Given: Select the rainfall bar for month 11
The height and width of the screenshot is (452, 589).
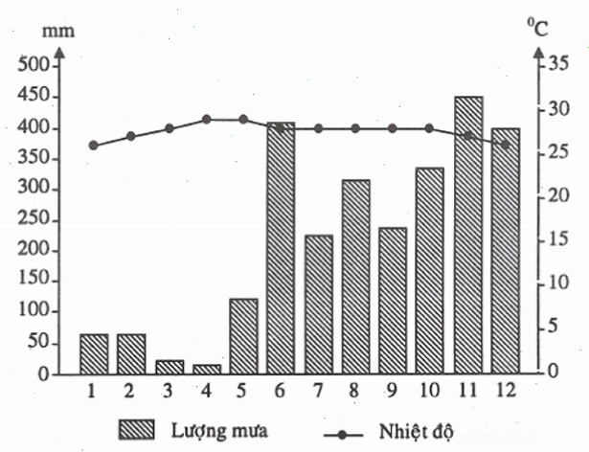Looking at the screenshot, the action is [x=468, y=236].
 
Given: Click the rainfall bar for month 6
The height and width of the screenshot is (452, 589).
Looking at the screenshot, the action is [x=281, y=248].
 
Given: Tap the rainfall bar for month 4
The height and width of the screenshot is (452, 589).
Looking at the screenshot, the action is [x=207, y=370].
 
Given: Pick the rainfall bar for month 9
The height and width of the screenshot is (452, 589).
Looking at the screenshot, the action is [x=393, y=301].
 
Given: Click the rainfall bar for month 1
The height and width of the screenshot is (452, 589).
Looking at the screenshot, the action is [x=94, y=354].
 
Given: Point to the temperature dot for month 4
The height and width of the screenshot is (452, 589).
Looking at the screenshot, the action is [x=206, y=120].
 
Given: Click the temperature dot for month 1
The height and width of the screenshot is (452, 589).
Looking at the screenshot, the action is [x=94, y=146].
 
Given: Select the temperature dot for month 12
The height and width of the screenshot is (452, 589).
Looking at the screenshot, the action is [x=506, y=145].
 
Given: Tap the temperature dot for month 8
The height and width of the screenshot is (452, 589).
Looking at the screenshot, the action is [x=355, y=128].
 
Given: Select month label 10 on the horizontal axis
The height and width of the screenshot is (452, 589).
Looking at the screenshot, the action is [x=429, y=391].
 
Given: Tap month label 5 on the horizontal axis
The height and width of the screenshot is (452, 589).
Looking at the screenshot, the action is [x=241, y=391].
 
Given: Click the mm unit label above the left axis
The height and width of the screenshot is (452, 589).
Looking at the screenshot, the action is [x=58, y=32].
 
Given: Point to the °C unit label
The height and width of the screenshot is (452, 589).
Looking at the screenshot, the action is [x=538, y=28].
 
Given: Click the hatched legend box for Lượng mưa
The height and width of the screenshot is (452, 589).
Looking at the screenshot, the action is [x=137, y=429].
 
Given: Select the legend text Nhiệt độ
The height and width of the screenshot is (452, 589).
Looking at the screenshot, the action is [x=417, y=431].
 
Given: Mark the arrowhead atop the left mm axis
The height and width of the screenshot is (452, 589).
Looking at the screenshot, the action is [x=60, y=52].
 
